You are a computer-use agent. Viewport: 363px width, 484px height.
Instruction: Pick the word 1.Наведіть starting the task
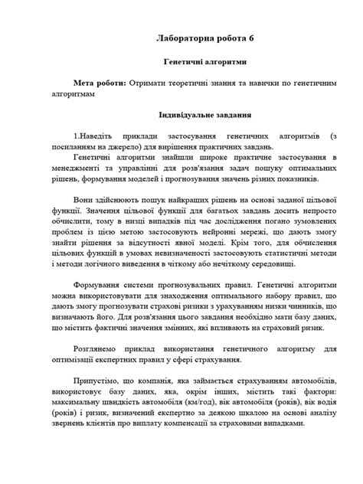(x=94, y=134)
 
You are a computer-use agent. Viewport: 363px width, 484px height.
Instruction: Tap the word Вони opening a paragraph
(x=84, y=200)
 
